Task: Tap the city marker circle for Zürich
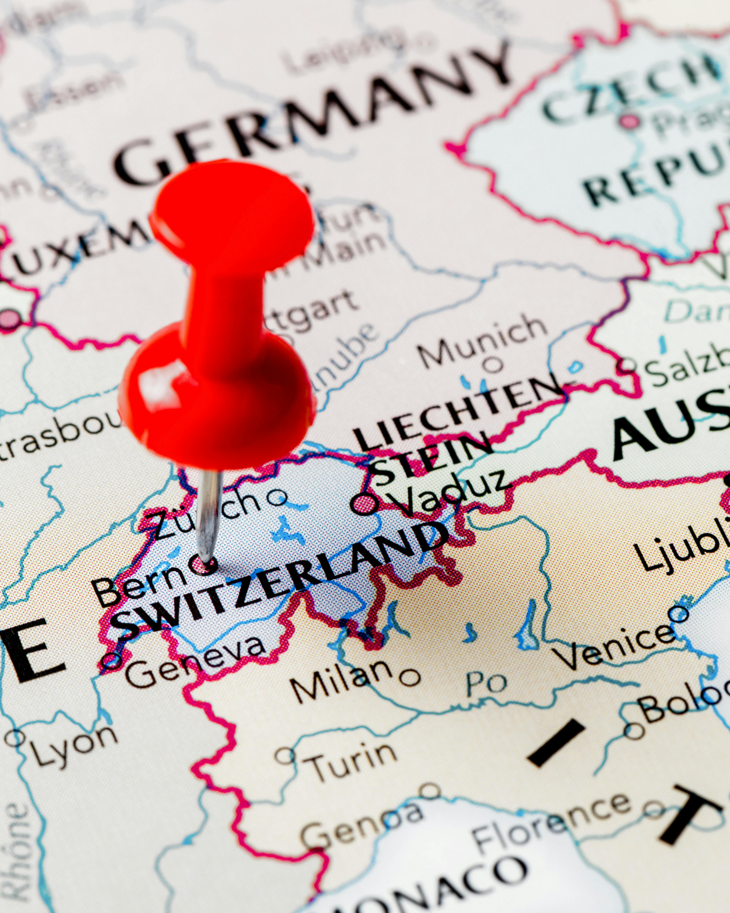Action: (x=277, y=498)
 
